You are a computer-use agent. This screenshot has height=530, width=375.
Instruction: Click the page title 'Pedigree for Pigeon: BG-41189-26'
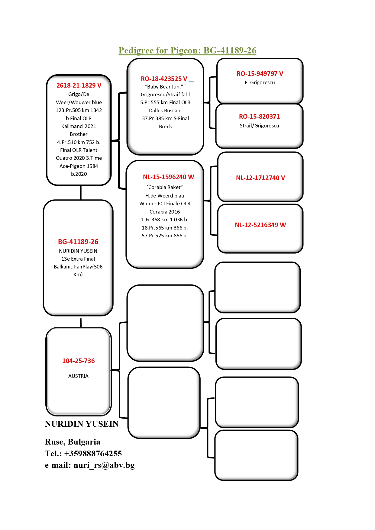click(187, 50)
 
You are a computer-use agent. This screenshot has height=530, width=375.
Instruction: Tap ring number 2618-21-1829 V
click(79, 85)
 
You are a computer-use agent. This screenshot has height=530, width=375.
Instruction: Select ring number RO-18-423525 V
click(164, 79)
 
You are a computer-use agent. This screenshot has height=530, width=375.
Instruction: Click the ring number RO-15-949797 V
click(260, 74)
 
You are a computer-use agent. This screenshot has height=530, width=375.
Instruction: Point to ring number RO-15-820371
click(260, 117)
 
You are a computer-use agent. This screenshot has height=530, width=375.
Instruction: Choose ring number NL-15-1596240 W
click(169, 177)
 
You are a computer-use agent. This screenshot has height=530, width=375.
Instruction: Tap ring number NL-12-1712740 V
click(260, 178)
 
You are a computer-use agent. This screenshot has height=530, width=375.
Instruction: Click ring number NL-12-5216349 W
click(260, 225)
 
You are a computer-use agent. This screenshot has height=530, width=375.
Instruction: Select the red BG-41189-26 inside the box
click(78, 242)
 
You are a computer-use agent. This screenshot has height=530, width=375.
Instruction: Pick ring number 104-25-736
click(79, 361)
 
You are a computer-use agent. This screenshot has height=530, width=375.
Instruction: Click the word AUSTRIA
click(78, 376)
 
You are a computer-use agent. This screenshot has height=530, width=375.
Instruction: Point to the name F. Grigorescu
click(260, 82)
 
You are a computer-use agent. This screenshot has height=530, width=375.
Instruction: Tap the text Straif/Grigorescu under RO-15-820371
click(260, 126)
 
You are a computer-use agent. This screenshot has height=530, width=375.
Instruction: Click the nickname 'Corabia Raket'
click(165, 187)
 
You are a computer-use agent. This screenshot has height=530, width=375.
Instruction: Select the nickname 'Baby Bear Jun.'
click(165, 87)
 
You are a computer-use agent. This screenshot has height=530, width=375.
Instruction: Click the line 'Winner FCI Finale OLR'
click(165, 204)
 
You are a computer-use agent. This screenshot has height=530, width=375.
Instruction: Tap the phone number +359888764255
click(93, 454)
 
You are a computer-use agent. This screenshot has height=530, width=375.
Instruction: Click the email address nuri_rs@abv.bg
click(104, 465)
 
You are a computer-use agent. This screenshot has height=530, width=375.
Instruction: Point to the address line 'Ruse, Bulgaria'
click(73, 442)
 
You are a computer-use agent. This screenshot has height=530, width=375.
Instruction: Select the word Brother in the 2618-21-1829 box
click(79, 134)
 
